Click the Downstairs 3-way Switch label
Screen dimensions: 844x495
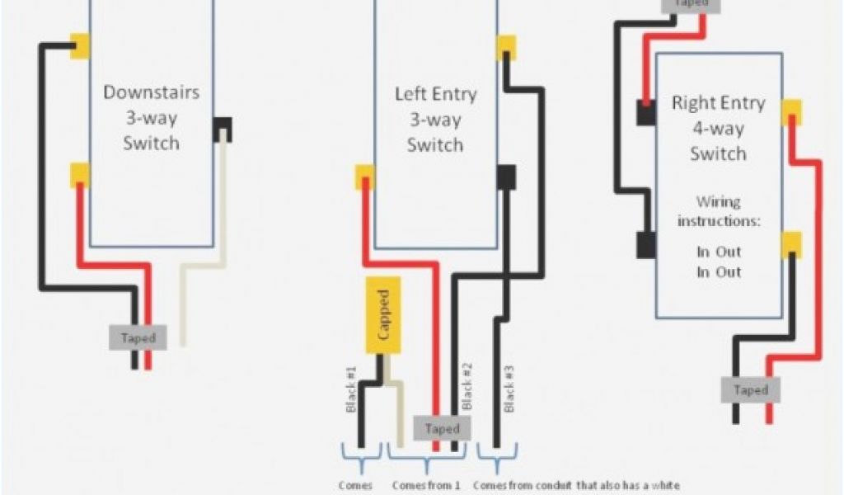tap(151, 117)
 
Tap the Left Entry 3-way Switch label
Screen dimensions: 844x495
tap(435, 120)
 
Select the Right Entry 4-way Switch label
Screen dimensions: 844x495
tap(718, 128)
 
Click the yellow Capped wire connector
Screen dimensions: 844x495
tap(383, 315)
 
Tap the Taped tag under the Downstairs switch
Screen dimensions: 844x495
tap(138, 337)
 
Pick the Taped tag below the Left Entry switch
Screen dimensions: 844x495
tap(443, 428)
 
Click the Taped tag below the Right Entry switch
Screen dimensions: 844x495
tap(750, 390)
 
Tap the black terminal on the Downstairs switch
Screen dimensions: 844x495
tap(223, 129)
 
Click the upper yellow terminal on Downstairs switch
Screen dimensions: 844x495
tap(80, 45)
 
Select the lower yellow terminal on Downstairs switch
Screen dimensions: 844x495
tap(80, 174)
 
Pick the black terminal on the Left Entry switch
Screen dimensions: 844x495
tap(506, 177)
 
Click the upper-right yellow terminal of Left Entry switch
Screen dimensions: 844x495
tap(506, 46)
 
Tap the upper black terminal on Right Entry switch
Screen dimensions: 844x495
tap(645, 112)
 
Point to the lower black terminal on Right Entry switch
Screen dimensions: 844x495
tap(645, 244)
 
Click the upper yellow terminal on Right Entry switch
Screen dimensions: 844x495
tap(792, 111)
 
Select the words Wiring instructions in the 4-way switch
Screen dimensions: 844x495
tap(718, 211)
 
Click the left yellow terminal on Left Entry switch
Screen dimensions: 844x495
tap(364, 177)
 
